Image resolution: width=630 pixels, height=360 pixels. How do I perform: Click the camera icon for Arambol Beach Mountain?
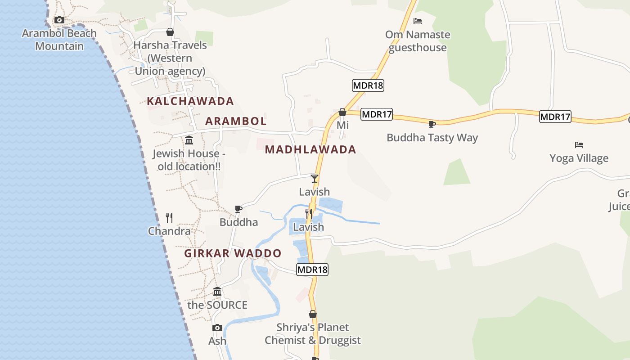[x=59, y=20]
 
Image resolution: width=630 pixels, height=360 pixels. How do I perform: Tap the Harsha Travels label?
[x=170, y=58]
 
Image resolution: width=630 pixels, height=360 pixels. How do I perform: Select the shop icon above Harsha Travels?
[x=170, y=32]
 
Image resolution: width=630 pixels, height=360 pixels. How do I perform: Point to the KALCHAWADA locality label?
[x=190, y=101]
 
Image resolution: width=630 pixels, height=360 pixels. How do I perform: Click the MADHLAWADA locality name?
[x=310, y=149]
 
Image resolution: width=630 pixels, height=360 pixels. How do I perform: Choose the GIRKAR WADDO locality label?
[x=233, y=253]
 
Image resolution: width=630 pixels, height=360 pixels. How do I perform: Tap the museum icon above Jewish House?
[x=189, y=140]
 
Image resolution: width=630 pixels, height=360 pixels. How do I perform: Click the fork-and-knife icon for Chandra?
[x=169, y=218]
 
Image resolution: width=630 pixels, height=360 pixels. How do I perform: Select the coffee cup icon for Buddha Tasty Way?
[x=432, y=124]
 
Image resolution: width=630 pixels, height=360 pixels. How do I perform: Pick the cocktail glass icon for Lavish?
[x=315, y=179]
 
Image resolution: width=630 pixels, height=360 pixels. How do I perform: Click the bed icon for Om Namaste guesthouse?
[x=418, y=21]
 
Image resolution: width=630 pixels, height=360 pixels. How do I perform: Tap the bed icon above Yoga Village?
[x=579, y=145]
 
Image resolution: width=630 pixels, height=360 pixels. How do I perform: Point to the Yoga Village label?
[x=579, y=158]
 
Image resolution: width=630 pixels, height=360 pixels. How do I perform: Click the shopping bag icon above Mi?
[x=342, y=112]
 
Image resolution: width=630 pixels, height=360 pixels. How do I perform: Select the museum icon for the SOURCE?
[x=217, y=292]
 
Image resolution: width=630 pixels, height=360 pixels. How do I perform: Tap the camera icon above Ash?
[x=217, y=328]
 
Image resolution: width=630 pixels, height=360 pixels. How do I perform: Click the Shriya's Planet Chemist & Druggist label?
[x=313, y=333]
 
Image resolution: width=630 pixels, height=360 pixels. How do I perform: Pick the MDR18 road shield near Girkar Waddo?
[x=312, y=270]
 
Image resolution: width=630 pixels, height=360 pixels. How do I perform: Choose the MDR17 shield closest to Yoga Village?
[x=555, y=117]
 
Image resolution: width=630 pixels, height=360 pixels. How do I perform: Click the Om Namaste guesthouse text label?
[x=418, y=41]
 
